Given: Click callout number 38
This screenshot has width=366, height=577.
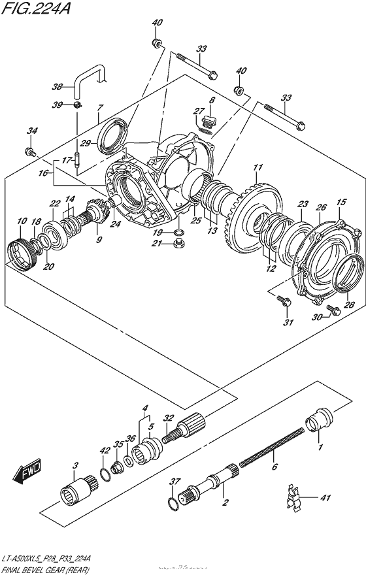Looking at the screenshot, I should coord(58,86).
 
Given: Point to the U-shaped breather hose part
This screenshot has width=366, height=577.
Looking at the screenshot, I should coord(88,74).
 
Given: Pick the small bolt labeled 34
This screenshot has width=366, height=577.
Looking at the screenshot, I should coord(30,152).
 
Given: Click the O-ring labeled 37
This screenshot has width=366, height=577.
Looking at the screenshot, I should coord(171,503).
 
